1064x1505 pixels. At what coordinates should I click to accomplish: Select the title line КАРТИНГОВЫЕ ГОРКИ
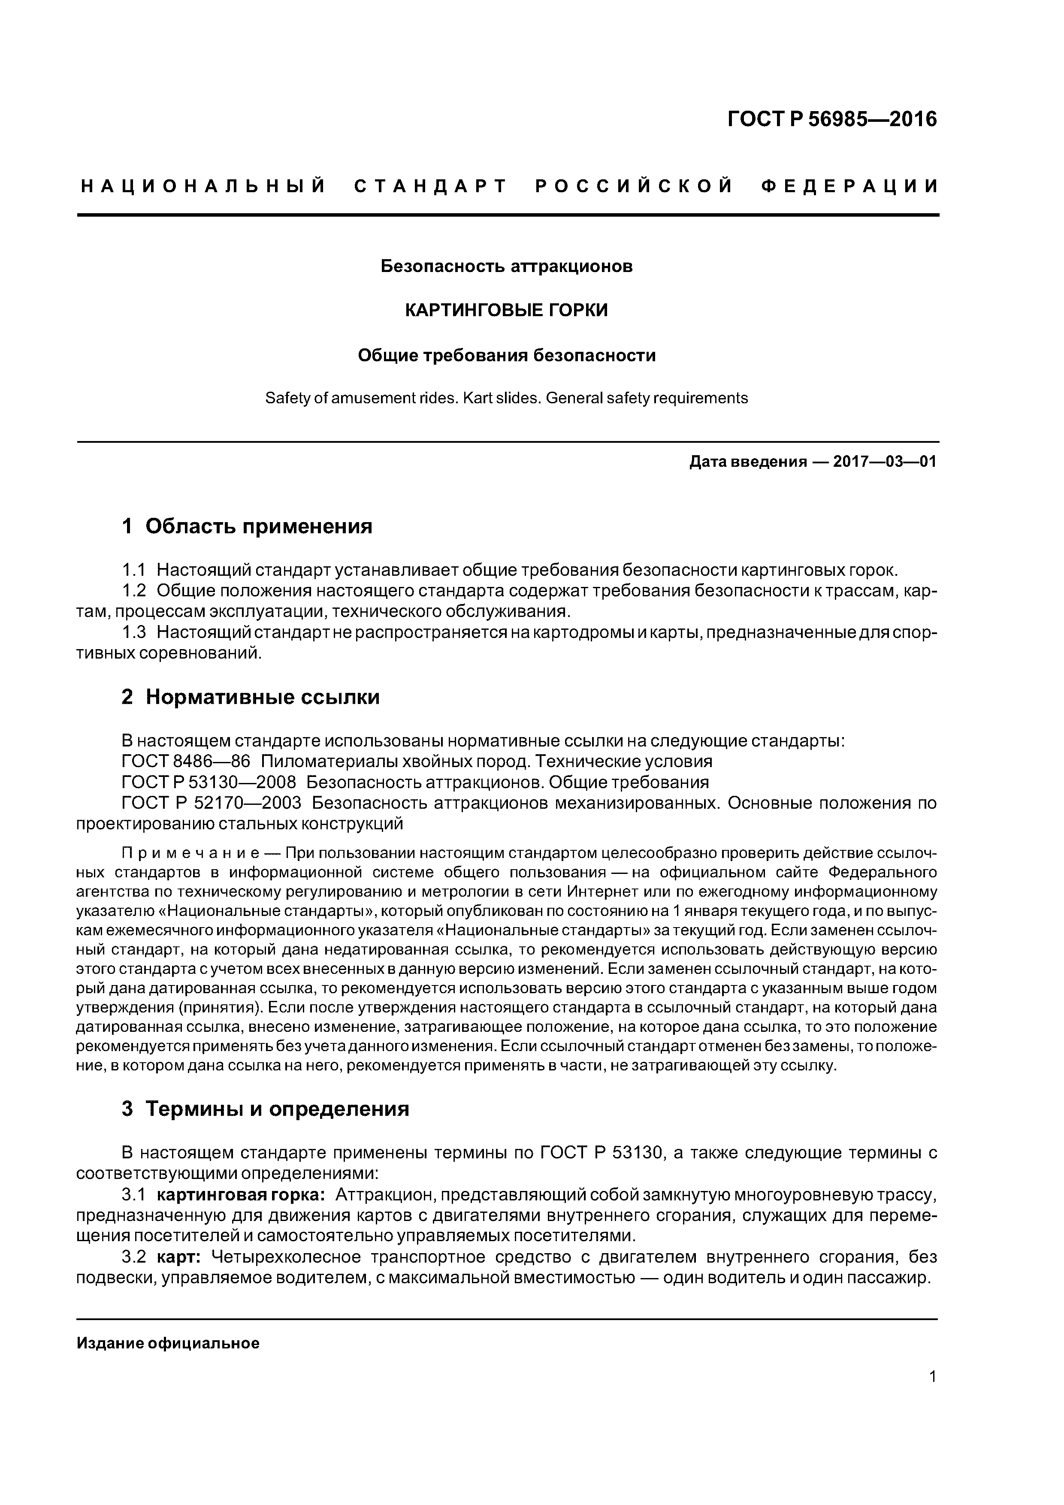pos(506,310)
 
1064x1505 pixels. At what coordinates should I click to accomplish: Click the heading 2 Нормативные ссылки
pos(251,697)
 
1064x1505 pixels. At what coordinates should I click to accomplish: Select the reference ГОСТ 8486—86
pos(186,761)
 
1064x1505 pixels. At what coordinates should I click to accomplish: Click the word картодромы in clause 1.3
pos(571,632)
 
